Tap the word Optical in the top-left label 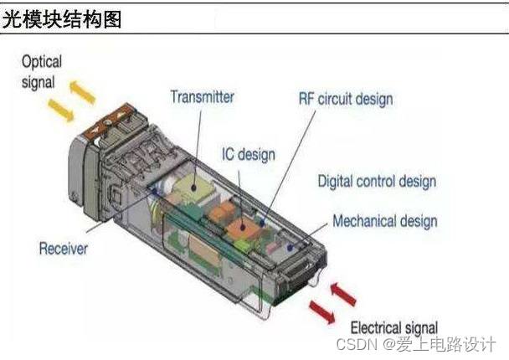point(41,63)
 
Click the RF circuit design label point(345,99)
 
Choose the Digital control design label point(376,181)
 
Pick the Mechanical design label point(385,222)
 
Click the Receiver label point(64,248)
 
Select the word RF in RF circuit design point(307,99)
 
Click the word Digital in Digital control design point(337,181)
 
